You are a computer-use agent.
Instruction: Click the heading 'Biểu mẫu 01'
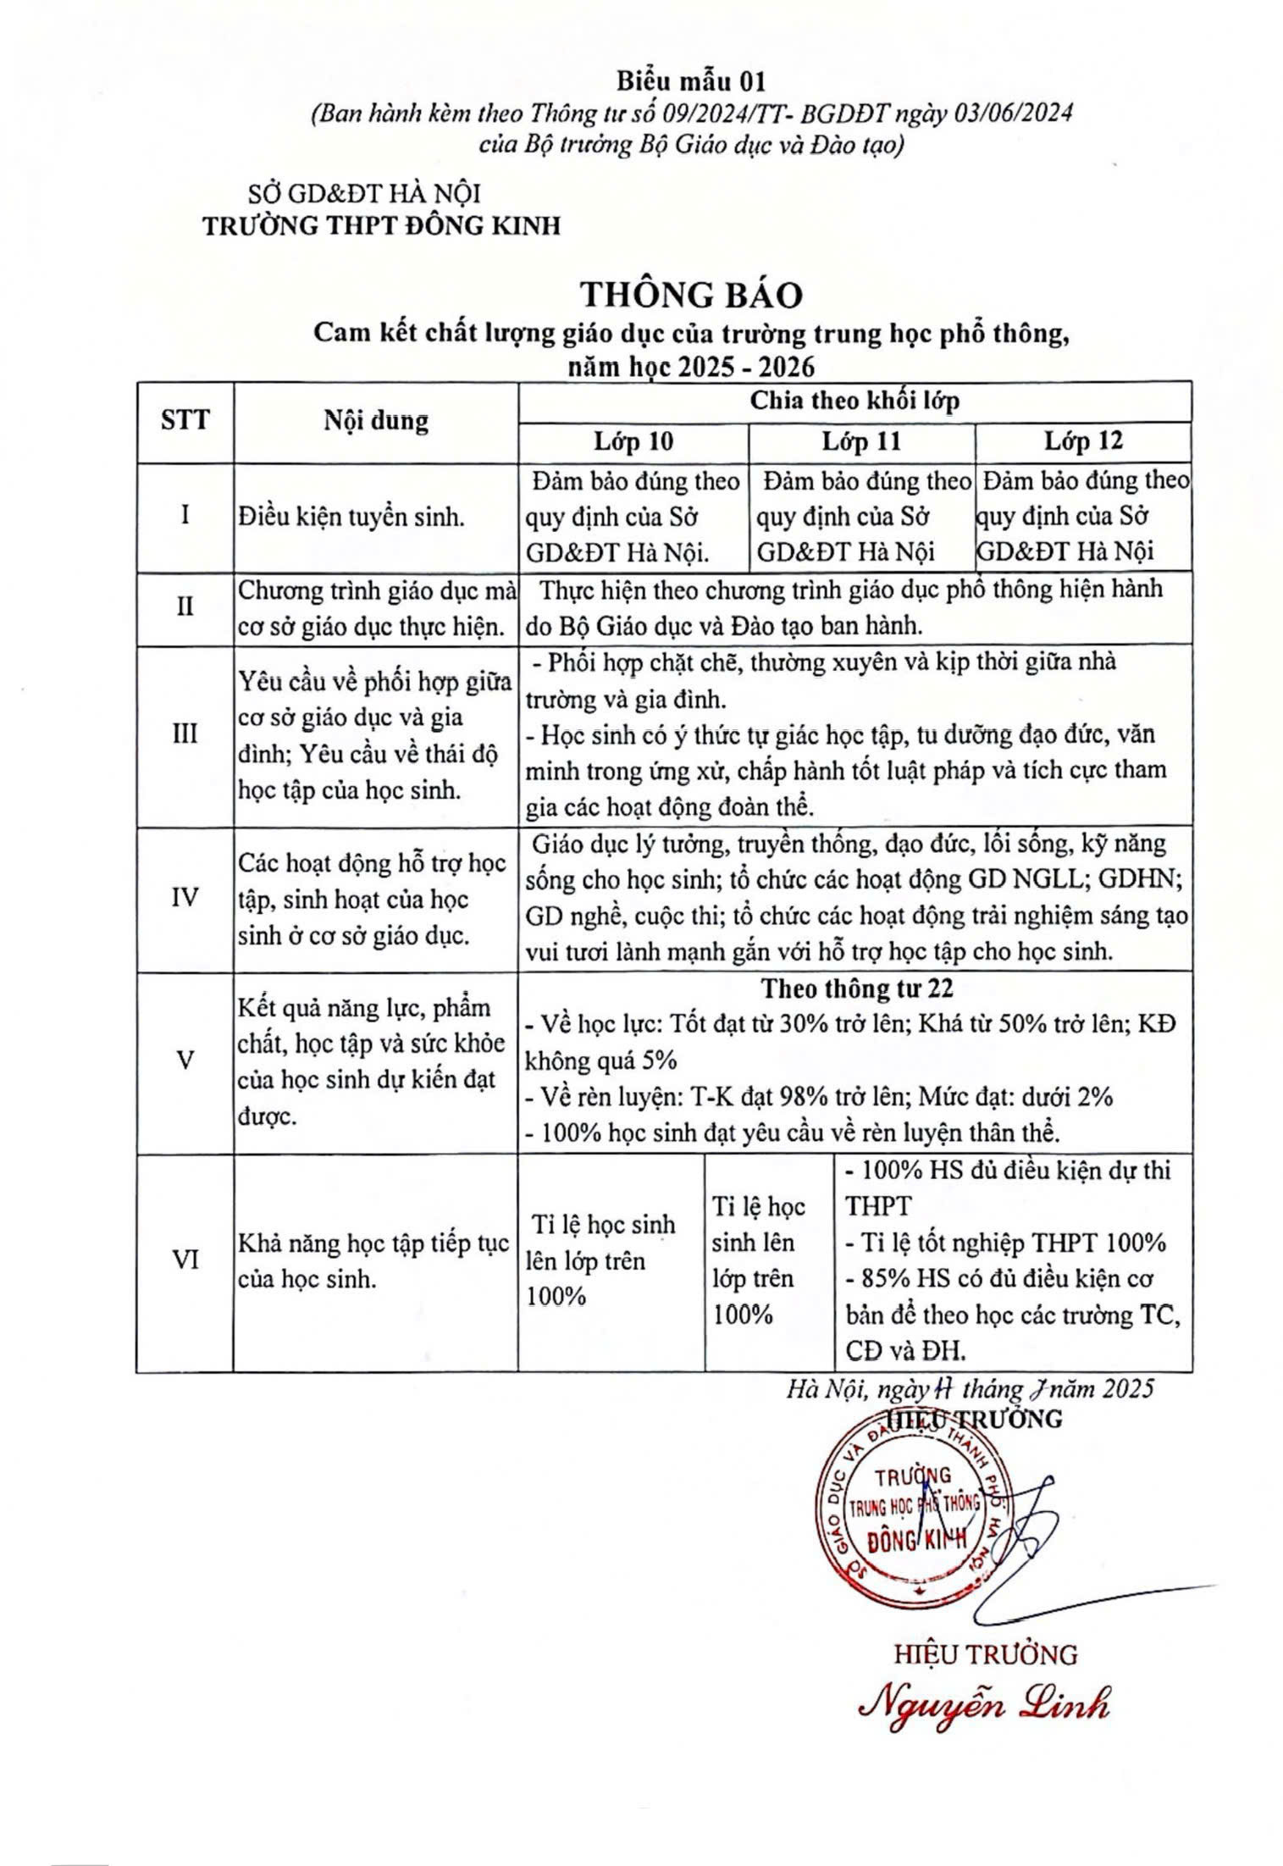pyautogui.click(x=690, y=81)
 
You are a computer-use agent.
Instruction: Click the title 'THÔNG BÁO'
pyautogui.click(x=690, y=295)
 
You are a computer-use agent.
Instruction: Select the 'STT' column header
pyautogui.click(x=185, y=420)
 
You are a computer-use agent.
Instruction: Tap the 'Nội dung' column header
pyautogui.click(x=375, y=421)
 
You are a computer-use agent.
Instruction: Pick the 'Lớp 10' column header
pyautogui.click(x=633, y=441)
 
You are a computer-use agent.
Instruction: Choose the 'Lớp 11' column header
pyautogui.click(x=861, y=441)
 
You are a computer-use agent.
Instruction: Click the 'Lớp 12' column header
pyautogui.click(x=1083, y=441)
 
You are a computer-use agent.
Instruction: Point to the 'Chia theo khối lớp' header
pyautogui.click(x=854, y=401)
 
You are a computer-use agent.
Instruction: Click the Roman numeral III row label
pyautogui.click(x=185, y=734)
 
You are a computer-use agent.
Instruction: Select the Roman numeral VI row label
pyautogui.click(x=185, y=1260)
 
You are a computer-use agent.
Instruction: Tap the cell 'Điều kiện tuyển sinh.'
pyautogui.click(x=351, y=517)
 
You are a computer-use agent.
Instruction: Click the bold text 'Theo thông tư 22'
pyautogui.click(x=856, y=988)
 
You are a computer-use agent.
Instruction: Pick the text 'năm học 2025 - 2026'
pyautogui.click(x=690, y=367)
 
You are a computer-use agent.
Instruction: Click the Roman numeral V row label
pyautogui.click(x=185, y=1060)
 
